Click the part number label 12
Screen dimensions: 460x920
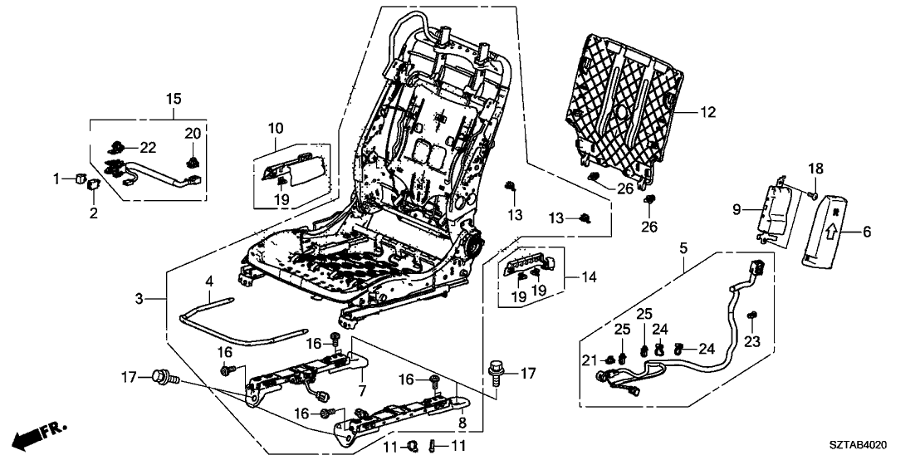[x=707, y=111]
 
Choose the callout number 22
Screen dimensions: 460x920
[x=148, y=147]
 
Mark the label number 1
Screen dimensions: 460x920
[x=57, y=178]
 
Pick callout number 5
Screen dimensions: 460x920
[x=683, y=247]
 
